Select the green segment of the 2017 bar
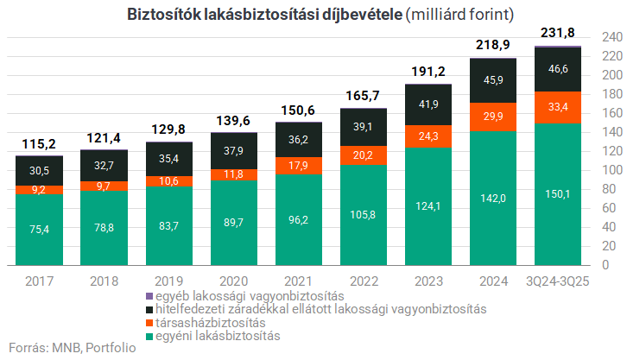[x=39, y=242]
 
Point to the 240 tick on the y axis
[x=611, y=37]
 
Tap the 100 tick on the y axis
[x=611, y=170]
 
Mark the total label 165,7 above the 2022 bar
[x=363, y=96]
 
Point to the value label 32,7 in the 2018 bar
[x=104, y=165]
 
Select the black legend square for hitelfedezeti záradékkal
[x=151, y=309]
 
